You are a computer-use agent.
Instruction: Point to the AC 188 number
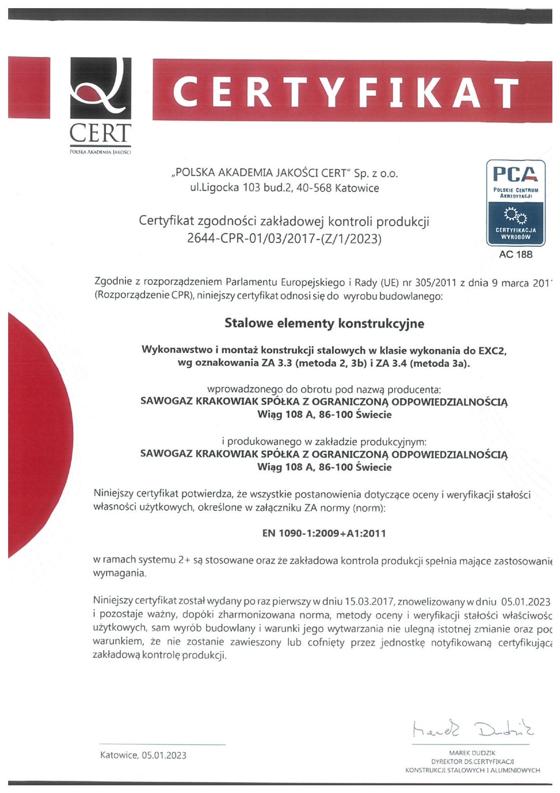[515, 254]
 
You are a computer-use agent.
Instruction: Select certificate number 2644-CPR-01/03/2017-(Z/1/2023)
[284, 239]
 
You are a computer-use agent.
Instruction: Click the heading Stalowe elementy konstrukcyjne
[324, 324]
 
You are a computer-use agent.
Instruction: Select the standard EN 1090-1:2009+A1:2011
[324, 533]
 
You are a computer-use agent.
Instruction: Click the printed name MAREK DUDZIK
[472, 753]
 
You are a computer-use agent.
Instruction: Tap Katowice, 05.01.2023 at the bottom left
[143, 755]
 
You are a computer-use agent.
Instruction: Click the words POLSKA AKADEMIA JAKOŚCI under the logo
[100, 152]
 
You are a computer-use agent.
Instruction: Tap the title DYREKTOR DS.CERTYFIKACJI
[472, 761]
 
